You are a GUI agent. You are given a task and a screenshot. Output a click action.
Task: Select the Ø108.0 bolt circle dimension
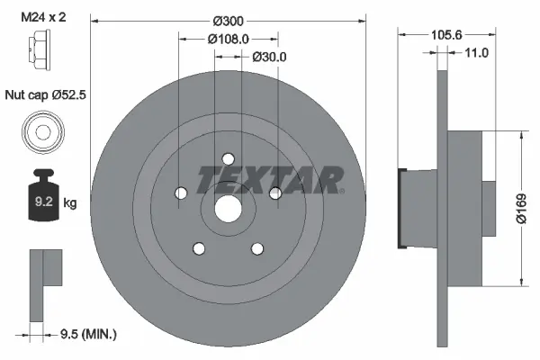coord(229,40)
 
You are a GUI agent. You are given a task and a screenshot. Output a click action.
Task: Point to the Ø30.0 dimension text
coord(268,57)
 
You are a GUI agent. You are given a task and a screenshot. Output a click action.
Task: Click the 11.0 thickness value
coord(475,53)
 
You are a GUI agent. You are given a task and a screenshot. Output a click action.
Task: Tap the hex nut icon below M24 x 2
coord(41,51)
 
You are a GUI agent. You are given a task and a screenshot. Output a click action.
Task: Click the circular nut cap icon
coord(41,133)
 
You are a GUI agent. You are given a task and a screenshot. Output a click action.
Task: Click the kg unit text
coord(70,203)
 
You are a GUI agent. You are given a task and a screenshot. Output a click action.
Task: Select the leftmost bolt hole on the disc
coord(181,193)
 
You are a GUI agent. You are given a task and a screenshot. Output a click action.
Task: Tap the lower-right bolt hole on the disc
coord(257,248)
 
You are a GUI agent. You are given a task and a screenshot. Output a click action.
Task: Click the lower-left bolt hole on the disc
coord(199,248)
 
